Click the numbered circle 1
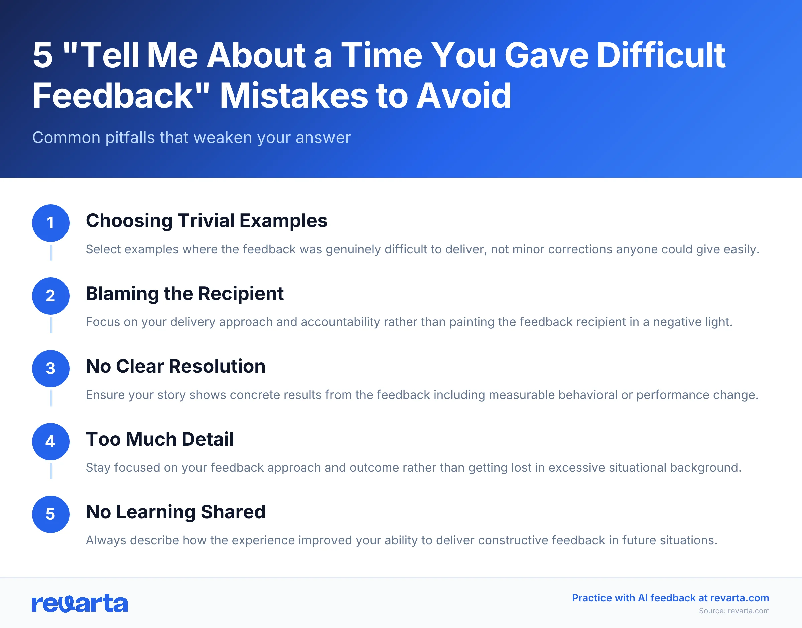pyautogui.click(x=51, y=223)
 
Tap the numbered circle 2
pyautogui.click(x=51, y=296)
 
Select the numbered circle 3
pyautogui.click(x=51, y=368)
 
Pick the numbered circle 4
pyautogui.click(x=51, y=441)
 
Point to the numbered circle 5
pyautogui.click(x=51, y=514)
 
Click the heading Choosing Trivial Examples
pyautogui.click(x=206, y=220)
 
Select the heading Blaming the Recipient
pyautogui.click(x=184, y=293)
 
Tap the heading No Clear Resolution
pyautogui.click(x=175, y=366)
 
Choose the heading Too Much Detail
pyautogui.click(x=160, y=439)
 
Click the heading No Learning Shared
pyautogui.click(x=175, y=512)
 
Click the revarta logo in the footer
pyautogui.click(x=80, y=603)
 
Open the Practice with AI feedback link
pyautogui.click(x=670, y=598)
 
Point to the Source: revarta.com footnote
pyautogui.click(x=734, y=611)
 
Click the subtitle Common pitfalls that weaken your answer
pyautogui.click(x=191, y=138)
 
